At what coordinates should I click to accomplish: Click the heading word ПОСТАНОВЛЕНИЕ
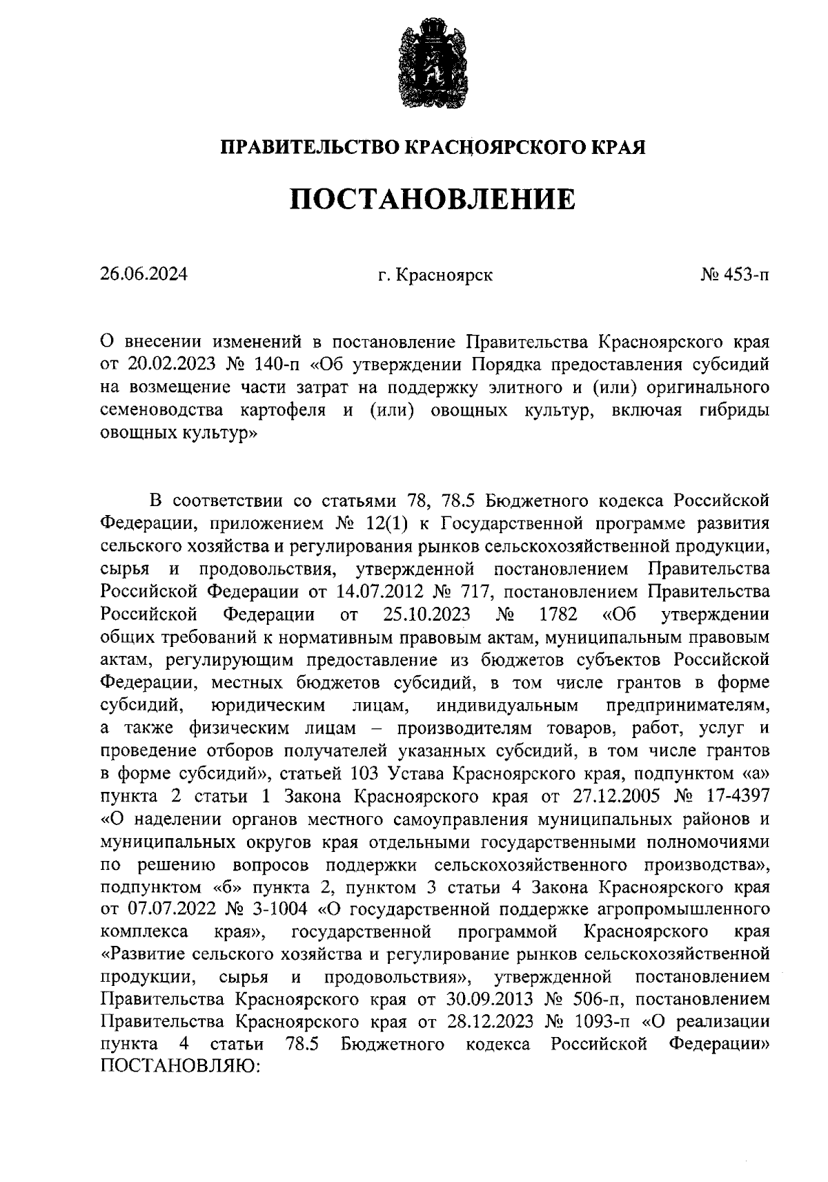(432, 199)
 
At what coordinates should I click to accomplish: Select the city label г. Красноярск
(435, 275)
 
